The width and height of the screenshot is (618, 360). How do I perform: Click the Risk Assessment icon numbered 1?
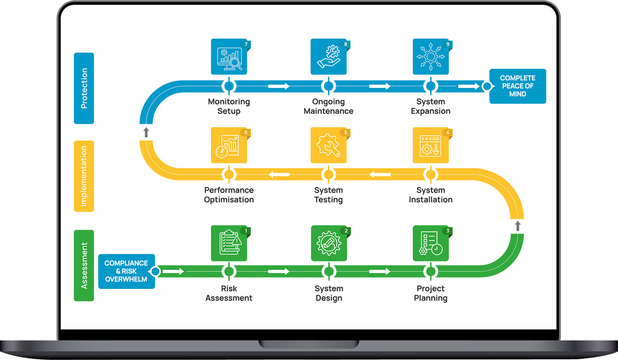click(x=229, y=243)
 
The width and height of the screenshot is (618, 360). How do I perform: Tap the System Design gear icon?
click(x=328, y=243)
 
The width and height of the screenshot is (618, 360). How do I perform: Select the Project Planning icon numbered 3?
click(x=430, y=243)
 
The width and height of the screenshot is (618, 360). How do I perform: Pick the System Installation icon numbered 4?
click(x=430, y=145)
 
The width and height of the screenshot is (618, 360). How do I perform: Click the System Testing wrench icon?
click(x=328, y=145)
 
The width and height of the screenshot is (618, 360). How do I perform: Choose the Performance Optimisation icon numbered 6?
click(x=229, y=145)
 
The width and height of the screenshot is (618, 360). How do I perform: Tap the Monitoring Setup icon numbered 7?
click(x=229, y=57)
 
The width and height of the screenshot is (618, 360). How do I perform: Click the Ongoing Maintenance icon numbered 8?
click(x=328, y=57)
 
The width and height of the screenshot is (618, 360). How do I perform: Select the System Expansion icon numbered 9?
click(x=430, y=57)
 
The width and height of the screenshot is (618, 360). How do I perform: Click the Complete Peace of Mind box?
click(x=517, y=86)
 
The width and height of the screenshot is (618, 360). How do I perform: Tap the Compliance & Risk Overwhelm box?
click(x=126, y=271)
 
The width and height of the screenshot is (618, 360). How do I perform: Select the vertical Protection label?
click(x=84, y=88)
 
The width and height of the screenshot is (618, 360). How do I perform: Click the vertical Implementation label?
click(x=84, y=176)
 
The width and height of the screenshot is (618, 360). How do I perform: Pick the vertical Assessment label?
click(x=84, y=265)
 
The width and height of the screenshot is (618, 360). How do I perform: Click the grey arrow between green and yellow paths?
click(x=518, y=226)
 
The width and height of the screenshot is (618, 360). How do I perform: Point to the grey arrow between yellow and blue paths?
click(x=146, y=132)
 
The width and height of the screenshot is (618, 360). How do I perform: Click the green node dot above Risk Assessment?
click(x=229, y=271)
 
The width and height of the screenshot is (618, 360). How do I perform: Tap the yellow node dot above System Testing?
click(x=328, y=174)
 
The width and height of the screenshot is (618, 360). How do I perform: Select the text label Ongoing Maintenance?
click(x=328, y=106)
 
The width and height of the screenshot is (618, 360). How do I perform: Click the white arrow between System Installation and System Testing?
click(x=380, y=174)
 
